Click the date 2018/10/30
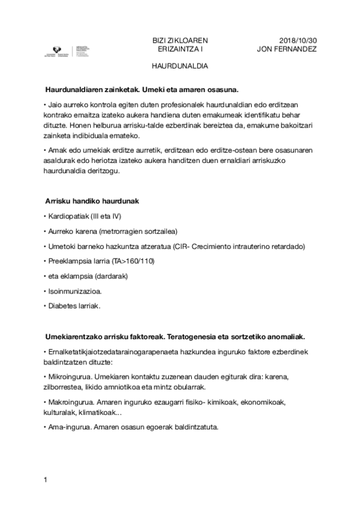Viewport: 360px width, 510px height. click(299, 40)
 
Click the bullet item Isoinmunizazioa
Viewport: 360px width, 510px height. click(75, 291)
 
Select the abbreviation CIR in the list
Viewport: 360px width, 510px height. click(181, 246)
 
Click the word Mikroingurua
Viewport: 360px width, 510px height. click(70, 376)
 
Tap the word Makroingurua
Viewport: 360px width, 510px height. click(71, 402)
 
